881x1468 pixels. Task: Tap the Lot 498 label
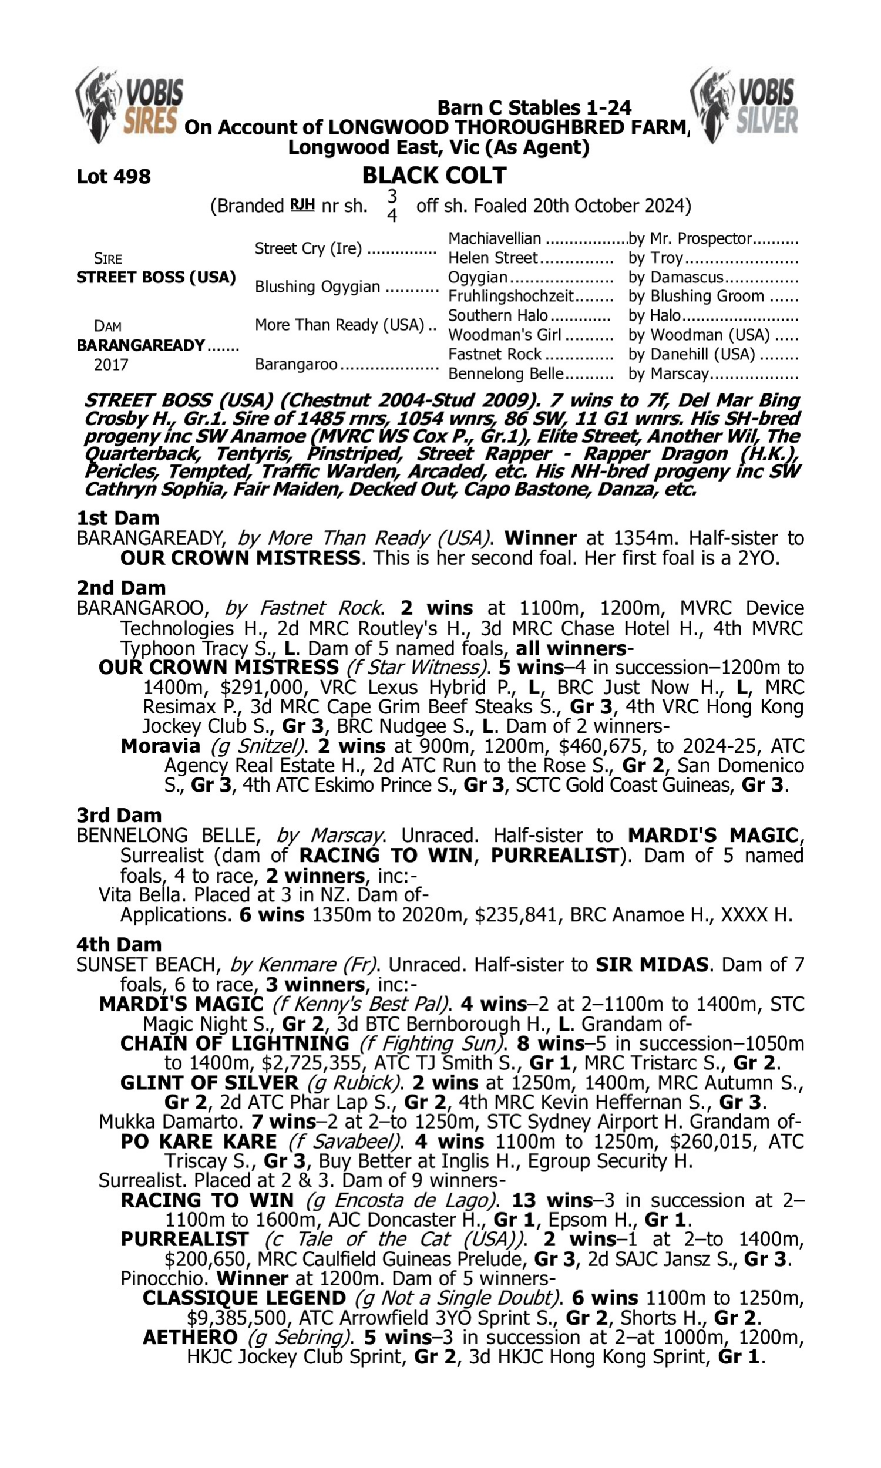click(113, 176)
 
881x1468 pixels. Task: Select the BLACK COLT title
click(434, 175)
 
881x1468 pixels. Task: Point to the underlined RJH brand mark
click(302, 206)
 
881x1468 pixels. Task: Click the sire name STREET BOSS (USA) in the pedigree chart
click(156, 277)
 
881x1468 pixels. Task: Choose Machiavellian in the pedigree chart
click(495, 238)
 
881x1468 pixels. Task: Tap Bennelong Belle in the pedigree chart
click(505, 373)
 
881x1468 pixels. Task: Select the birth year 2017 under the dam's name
click(111, 364)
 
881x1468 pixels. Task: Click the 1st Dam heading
click(117, 518)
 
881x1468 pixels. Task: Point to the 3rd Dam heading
click(119, 815)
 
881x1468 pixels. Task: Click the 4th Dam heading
click(119, 944)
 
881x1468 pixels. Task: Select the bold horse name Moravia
click(160, 746)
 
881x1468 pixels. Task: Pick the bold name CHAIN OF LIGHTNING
click(235, 1043)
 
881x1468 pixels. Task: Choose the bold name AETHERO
click(190, 1338)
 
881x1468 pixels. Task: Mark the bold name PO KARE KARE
click(199, 1142)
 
